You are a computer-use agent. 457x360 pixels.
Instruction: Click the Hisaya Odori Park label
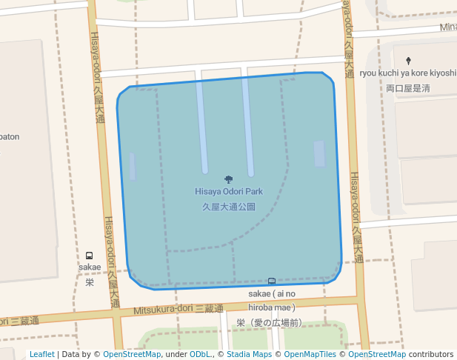[229, 191]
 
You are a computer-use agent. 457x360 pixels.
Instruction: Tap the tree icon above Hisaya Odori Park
[228, 179]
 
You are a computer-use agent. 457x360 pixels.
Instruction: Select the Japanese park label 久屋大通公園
[229, 207]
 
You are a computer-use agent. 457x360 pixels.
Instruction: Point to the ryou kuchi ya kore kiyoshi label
[408, 73]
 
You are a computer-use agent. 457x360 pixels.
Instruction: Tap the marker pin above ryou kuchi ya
[408, 60]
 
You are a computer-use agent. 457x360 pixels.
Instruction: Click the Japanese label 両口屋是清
[408, 88]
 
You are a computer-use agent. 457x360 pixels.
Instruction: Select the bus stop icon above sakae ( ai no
[272, 281]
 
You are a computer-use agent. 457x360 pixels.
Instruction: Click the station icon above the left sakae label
[90, 256]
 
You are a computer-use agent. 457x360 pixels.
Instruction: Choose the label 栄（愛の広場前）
[270, 322]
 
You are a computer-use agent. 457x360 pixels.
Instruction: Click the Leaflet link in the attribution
[41, 355]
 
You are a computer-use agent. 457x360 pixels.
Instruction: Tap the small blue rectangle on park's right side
[319, 154]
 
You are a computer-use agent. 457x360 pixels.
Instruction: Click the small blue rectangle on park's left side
[133, 166]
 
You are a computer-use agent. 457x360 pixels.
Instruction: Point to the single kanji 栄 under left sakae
[90, 282]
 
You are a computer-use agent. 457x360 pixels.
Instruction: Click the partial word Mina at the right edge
[447, 27]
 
